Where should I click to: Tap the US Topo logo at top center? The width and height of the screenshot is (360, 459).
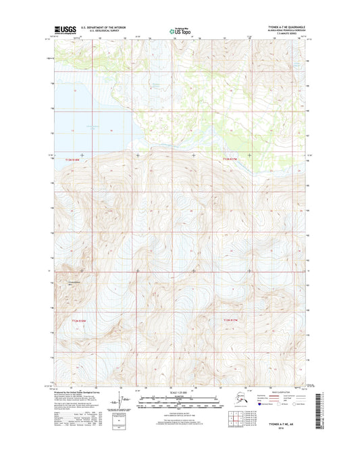180,30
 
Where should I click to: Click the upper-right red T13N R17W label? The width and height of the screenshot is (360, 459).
231,160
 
